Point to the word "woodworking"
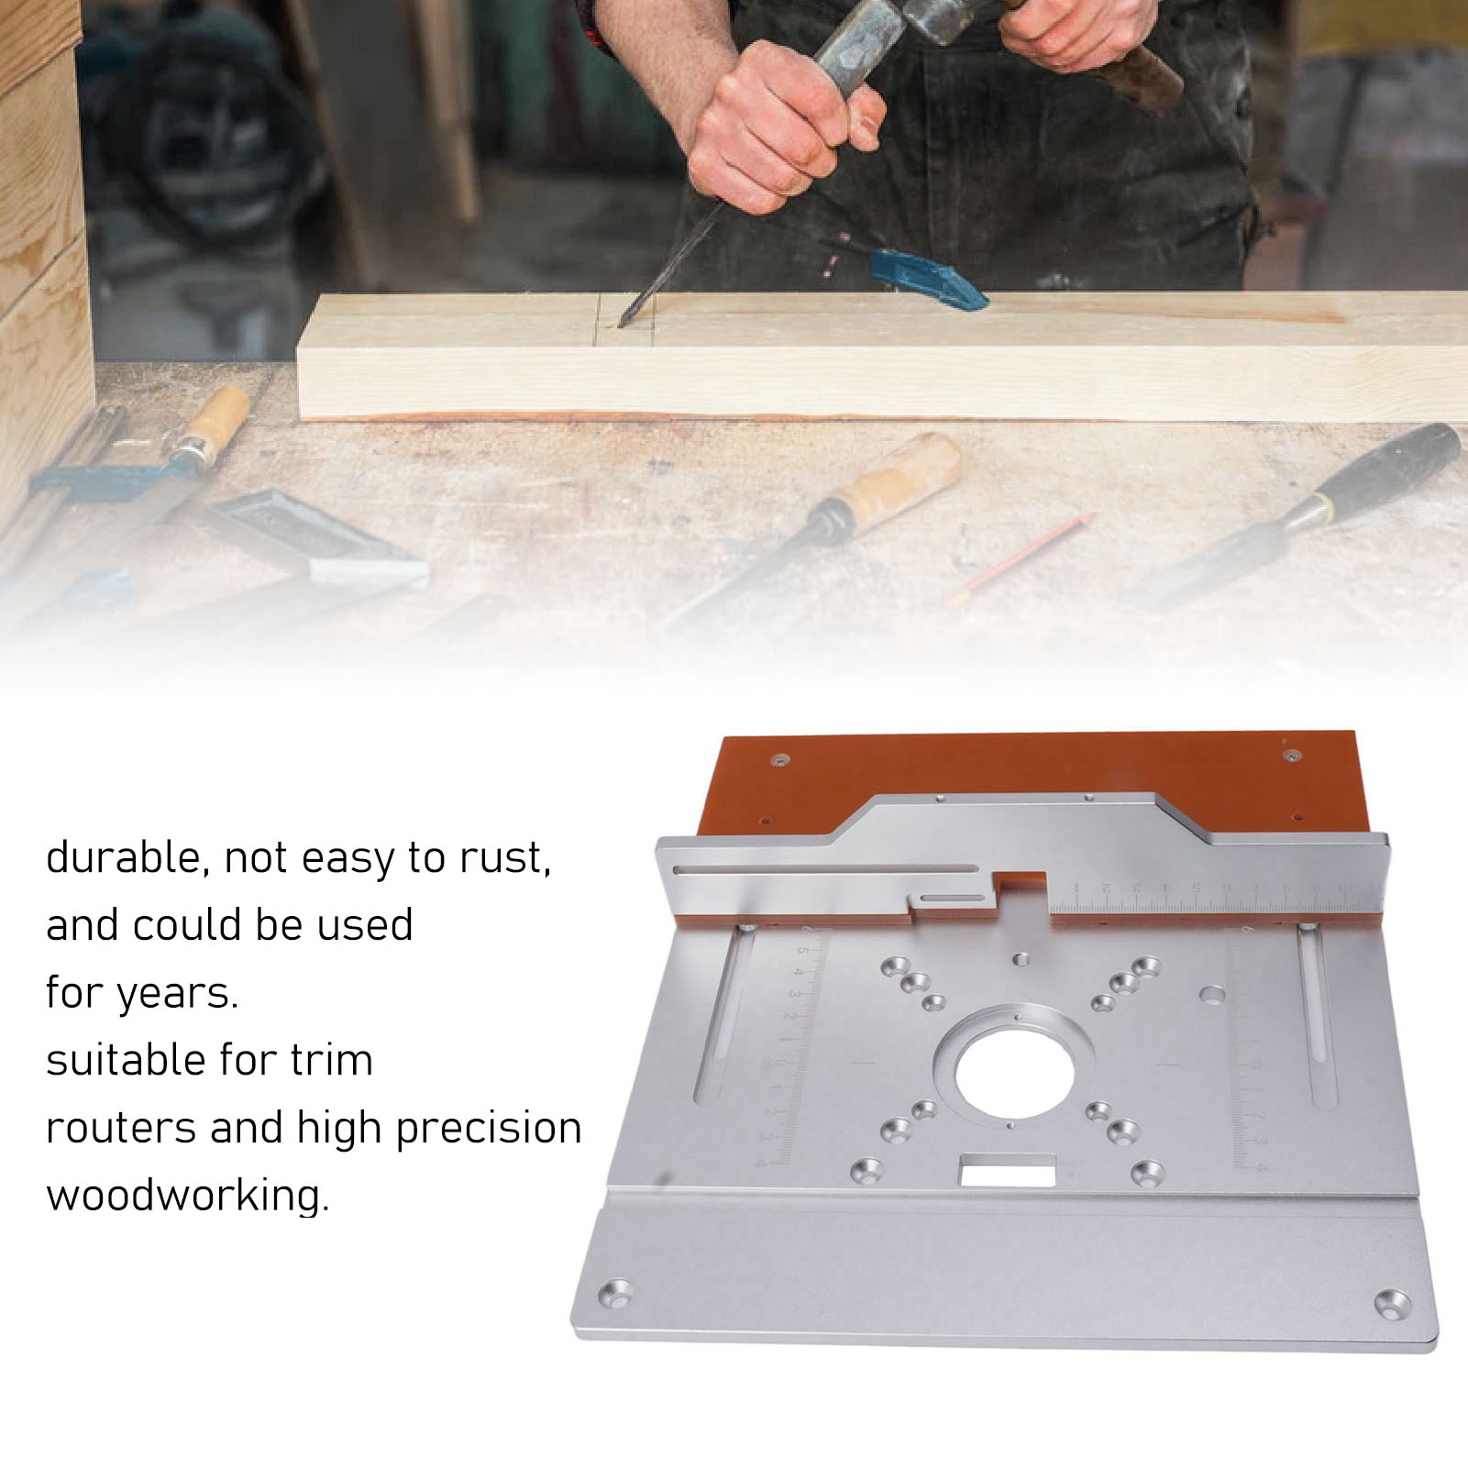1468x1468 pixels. [x=186, y=1196]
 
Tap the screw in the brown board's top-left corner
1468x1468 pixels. [x=780, y=760]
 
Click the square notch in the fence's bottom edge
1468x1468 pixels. [x=1022, y=895]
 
